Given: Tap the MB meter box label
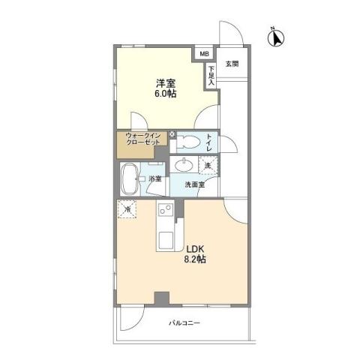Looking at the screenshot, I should [203, 53].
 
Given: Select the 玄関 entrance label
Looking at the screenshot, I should [231, 64].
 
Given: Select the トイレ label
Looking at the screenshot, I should [208, 140].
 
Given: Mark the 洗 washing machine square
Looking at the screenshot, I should [207, 164].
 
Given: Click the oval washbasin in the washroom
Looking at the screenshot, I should [184, 165].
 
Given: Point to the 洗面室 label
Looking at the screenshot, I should [198, 184].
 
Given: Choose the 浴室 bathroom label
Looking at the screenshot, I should [155, 178].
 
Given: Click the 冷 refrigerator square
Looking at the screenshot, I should [127, 209].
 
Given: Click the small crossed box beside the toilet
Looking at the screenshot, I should [172, 133].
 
